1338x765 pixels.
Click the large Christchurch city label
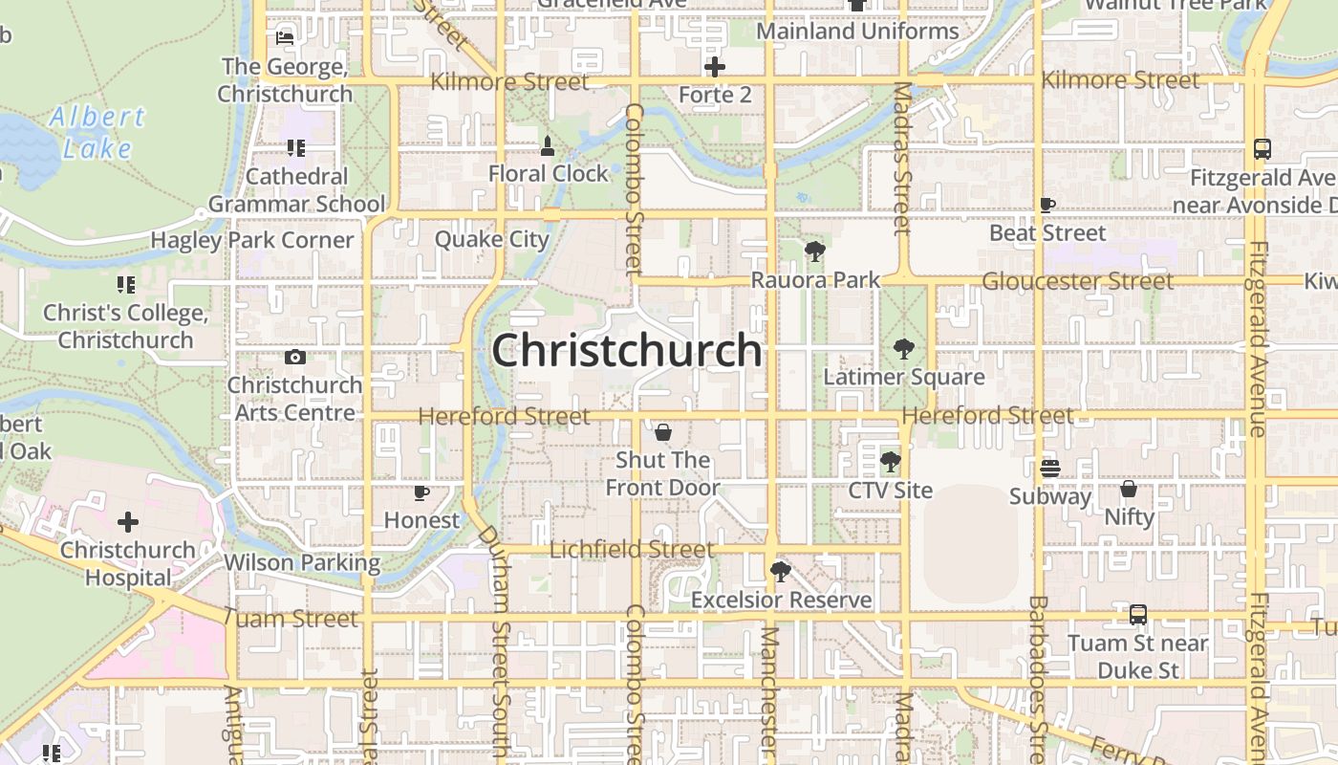tap(627, 351)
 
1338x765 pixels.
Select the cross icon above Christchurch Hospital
tap(127, 522)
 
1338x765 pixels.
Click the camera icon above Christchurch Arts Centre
tap(295, 358)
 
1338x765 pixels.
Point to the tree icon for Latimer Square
tap(903, 349)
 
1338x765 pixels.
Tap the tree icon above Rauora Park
tap(815, 252)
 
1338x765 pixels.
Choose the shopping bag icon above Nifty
tap(1129, 489)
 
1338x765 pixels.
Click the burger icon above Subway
tap(1049, 469)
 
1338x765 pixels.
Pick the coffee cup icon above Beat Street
tap(1047, 205)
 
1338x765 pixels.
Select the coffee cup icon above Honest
tap(421, 492)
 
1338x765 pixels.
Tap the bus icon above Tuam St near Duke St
tap(1137, 615)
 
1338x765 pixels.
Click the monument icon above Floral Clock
tap(548, 146)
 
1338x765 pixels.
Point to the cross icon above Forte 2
tap(714, 67)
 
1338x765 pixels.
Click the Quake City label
tap(491, 239)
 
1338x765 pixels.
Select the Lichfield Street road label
tap(632, 550)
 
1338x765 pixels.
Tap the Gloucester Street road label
tap(1077, 281)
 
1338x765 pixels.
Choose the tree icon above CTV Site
tap(890, 463)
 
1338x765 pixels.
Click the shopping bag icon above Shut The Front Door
tap(662, 432)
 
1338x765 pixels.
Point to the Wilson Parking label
tap(302, 562)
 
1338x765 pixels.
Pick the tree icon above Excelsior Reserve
tap(781, 572)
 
